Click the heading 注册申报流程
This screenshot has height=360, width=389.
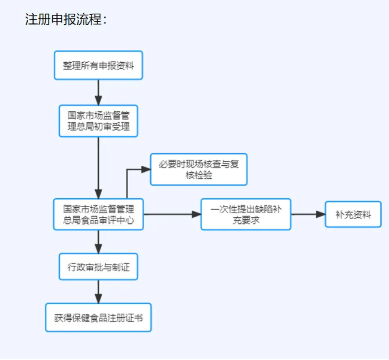click(x=65, y=20)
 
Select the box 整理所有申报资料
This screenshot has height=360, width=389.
click(x=98, y=66)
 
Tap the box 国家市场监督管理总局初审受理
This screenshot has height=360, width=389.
click(x=98, y=121)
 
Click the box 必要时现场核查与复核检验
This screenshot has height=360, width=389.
click(x=198, y=170)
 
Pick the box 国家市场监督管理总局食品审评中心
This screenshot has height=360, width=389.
click(x=98, y=214)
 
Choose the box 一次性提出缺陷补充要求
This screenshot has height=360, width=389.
click(x=246, y=214)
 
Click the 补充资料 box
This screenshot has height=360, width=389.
click(x=353, y=214)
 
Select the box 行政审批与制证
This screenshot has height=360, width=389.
click(x=98, y=267)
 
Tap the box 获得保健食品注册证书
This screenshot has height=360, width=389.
click(x=98, y=317)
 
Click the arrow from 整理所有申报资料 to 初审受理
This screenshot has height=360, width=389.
click(x=98, y=92)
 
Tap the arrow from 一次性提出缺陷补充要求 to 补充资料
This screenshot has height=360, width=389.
click(x=308, y=214)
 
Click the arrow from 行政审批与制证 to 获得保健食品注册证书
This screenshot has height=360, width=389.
click(x=98, y=292)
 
